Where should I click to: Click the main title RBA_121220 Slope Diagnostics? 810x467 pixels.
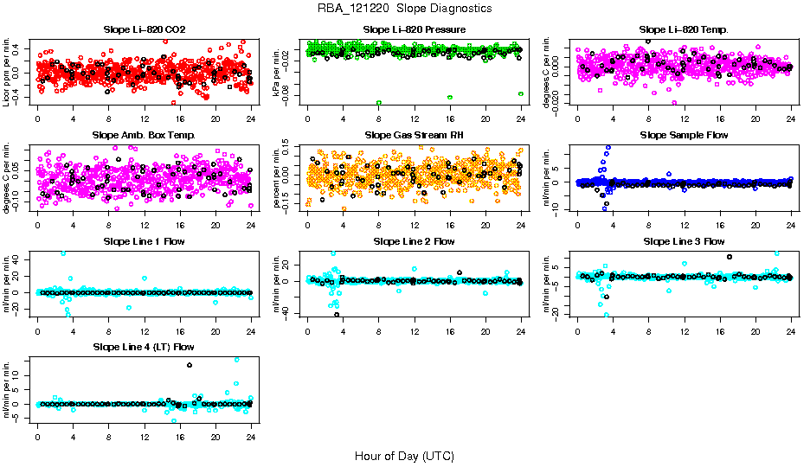[405, 9]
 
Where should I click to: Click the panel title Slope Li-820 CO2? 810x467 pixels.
[144, 30]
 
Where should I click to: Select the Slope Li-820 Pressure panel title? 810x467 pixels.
[415, 30]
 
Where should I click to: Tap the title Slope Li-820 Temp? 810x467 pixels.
[684, 30]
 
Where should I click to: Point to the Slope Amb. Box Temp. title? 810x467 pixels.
[144, 136]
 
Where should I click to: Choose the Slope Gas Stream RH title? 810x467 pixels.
[415, 136]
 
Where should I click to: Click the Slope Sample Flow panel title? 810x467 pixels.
[684, 136]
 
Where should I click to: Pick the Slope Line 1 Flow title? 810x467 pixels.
[144, 241]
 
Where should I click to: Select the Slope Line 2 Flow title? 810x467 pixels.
[415, 241]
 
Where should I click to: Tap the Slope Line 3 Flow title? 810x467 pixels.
[684, 241]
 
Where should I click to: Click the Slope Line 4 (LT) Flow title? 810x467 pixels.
[144, 347]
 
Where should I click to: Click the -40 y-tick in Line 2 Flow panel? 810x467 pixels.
[287, 312]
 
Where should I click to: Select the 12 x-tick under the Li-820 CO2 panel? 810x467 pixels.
[145, 118]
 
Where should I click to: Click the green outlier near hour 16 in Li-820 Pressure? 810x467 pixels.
[450, 97]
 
